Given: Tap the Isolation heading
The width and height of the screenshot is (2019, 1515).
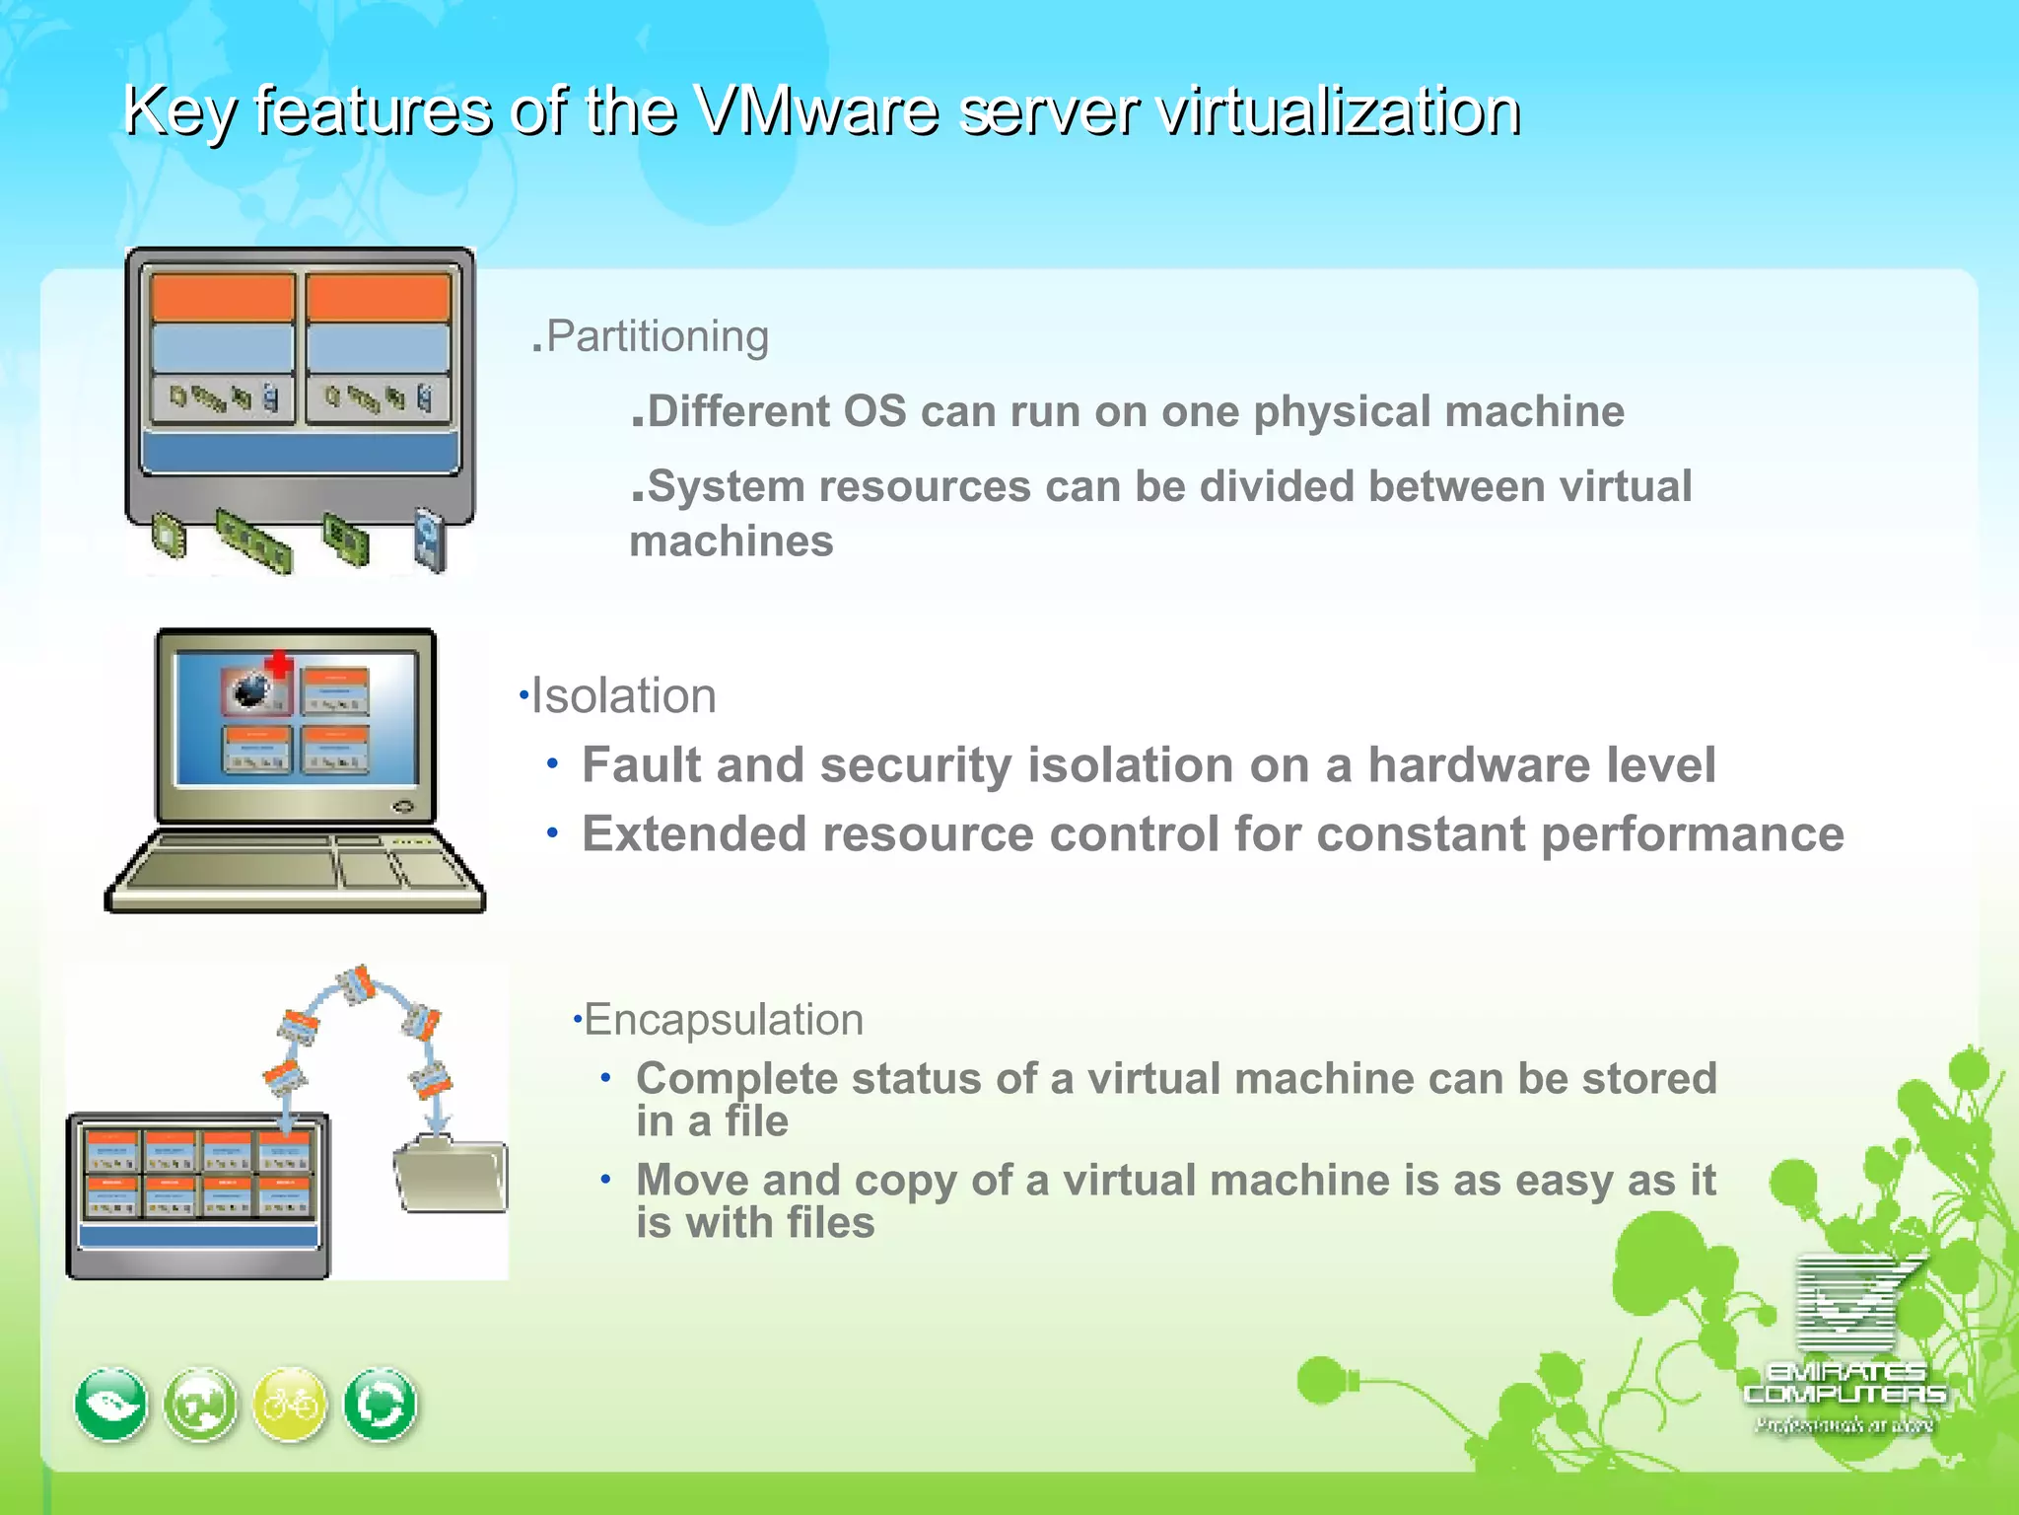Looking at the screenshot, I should [623, 696].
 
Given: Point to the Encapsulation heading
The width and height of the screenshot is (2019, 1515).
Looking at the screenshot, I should [724, 1020].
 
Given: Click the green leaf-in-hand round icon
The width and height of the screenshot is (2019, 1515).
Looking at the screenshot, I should [111, 1405].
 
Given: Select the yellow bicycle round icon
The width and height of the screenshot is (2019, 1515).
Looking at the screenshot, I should [290, 1405].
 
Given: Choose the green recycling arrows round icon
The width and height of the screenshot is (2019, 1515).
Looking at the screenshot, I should [381, 1405].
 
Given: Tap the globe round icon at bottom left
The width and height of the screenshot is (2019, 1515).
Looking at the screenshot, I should [201, 1405].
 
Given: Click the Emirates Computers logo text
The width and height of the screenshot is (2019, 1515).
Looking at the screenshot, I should [1845, 1383].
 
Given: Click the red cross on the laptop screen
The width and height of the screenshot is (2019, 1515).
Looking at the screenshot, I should [280, 664].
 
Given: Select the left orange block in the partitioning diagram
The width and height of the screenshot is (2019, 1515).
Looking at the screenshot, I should [223, 297].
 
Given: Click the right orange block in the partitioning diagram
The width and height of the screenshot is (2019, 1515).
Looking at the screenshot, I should [378, 297].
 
